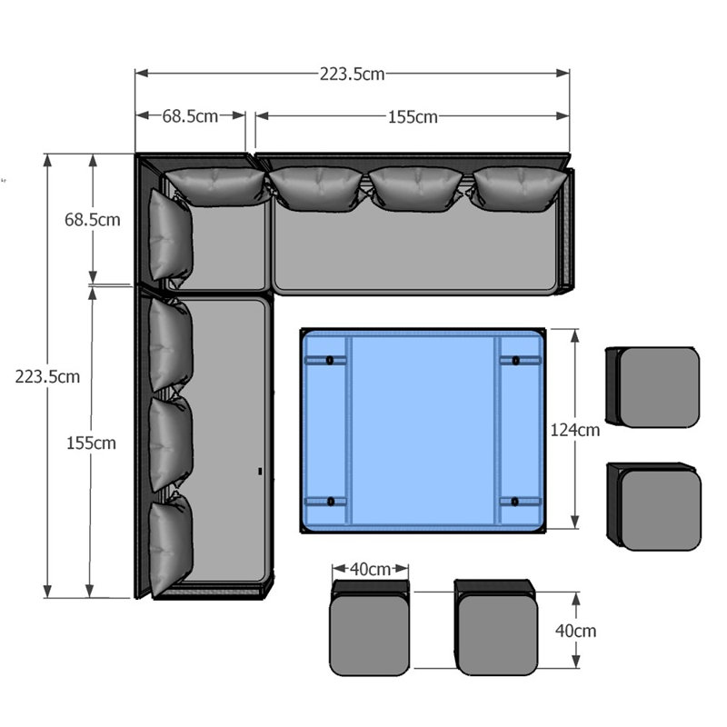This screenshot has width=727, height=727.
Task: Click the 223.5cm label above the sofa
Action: [x=352, y=75]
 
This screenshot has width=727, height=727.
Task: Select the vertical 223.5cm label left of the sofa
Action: [x=47, y=376]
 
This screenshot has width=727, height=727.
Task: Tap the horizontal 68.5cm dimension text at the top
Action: [x=190, y=116]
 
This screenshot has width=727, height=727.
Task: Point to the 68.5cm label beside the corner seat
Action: [x=93, y=220]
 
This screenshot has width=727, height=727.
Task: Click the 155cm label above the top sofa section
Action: [x=413, y=117]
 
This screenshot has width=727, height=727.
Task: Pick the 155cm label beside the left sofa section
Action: [x=91, y=443]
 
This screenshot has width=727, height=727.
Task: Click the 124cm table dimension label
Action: [x=575, y=430]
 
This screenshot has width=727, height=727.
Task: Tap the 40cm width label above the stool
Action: [x=370, y=569]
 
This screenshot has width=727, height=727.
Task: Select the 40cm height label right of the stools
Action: [x=576, y=631]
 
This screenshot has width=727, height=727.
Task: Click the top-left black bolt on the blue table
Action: [x=330, y=360]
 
